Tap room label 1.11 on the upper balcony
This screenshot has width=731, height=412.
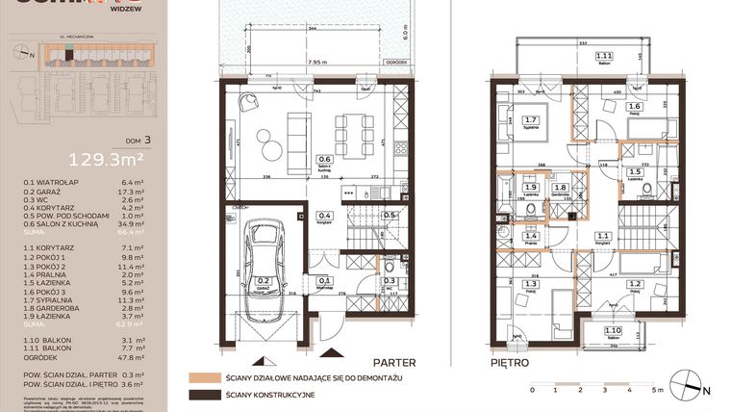[604, 57]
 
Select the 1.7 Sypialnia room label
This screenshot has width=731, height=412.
[530, 120]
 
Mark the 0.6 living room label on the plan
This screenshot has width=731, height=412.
[325, 159]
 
